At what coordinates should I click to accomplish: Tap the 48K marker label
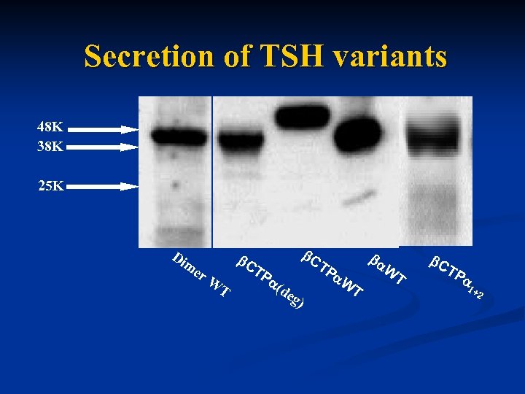tap(50, 126)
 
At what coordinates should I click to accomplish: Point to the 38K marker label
tap(50, 146)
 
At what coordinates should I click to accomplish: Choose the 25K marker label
tap(50, 186)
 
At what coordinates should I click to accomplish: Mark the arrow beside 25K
tap(106, 187)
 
